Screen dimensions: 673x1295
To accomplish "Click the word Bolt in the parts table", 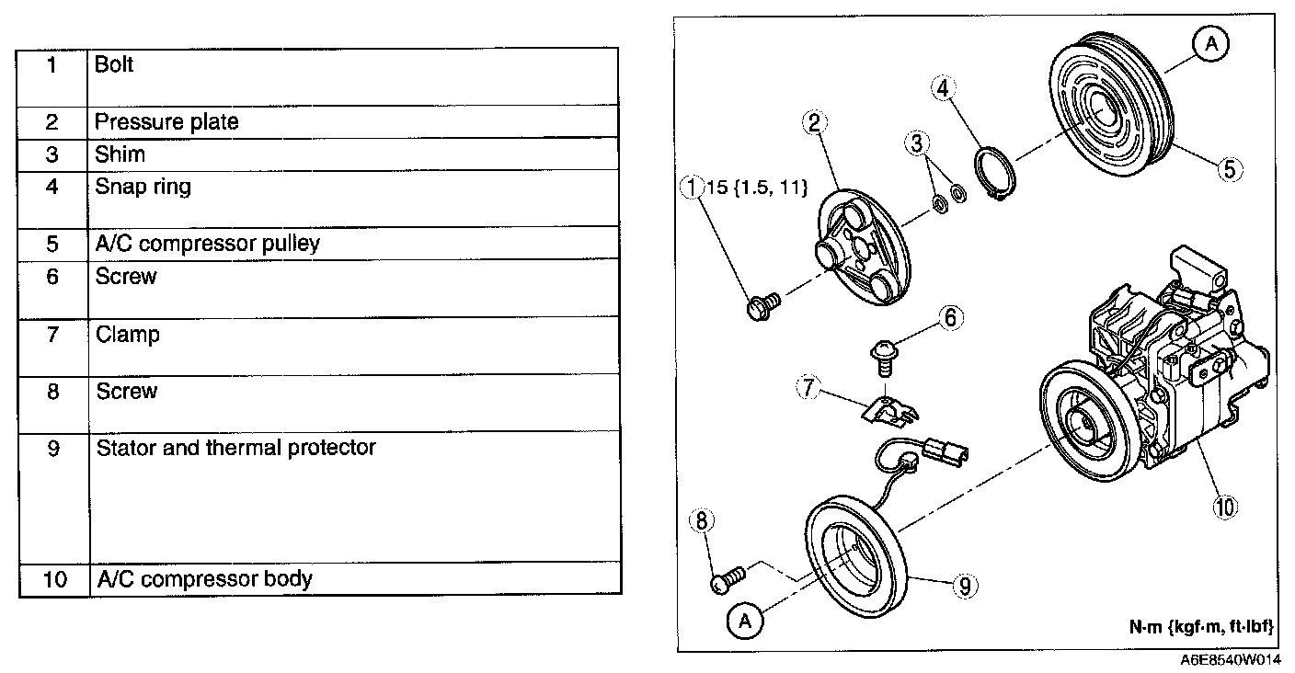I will [x=114, y=65].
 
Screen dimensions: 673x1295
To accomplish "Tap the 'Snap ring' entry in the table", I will [x=143, y=187].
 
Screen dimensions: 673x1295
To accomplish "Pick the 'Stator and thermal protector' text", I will [x=235, y=448].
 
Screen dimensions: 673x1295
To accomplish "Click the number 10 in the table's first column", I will [x=52, y=580].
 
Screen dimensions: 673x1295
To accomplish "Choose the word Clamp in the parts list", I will [x=128, y=335].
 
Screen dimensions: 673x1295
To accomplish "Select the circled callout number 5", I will [x=1231, y=168].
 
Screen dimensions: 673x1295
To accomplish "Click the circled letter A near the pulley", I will [x=1210, y=43].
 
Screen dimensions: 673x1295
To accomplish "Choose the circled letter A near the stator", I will [x=744, y=622].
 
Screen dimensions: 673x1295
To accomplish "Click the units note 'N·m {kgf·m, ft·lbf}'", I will [x=1200, y=626].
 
